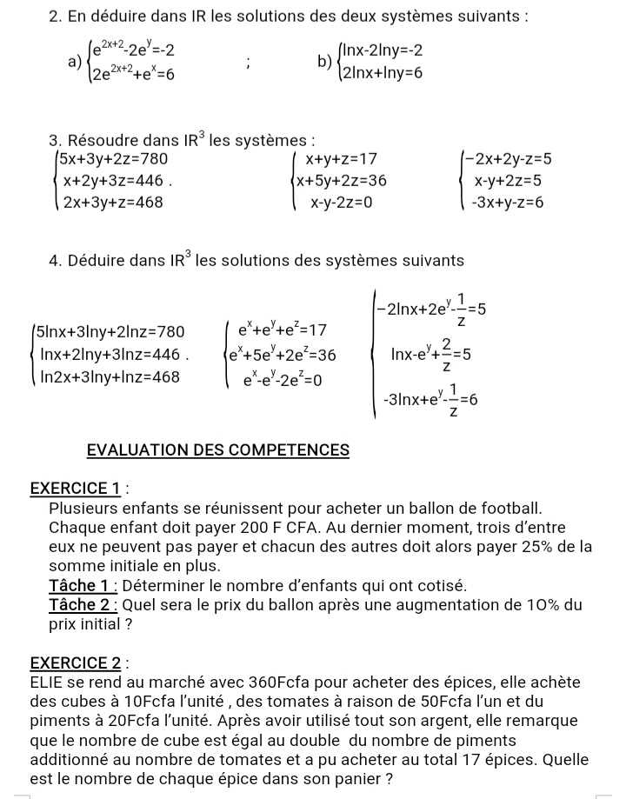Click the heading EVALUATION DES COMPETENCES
click(x=218, y=450)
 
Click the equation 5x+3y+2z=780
click(x=112, y=159)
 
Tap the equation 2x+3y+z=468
click(x=112, y=202)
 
